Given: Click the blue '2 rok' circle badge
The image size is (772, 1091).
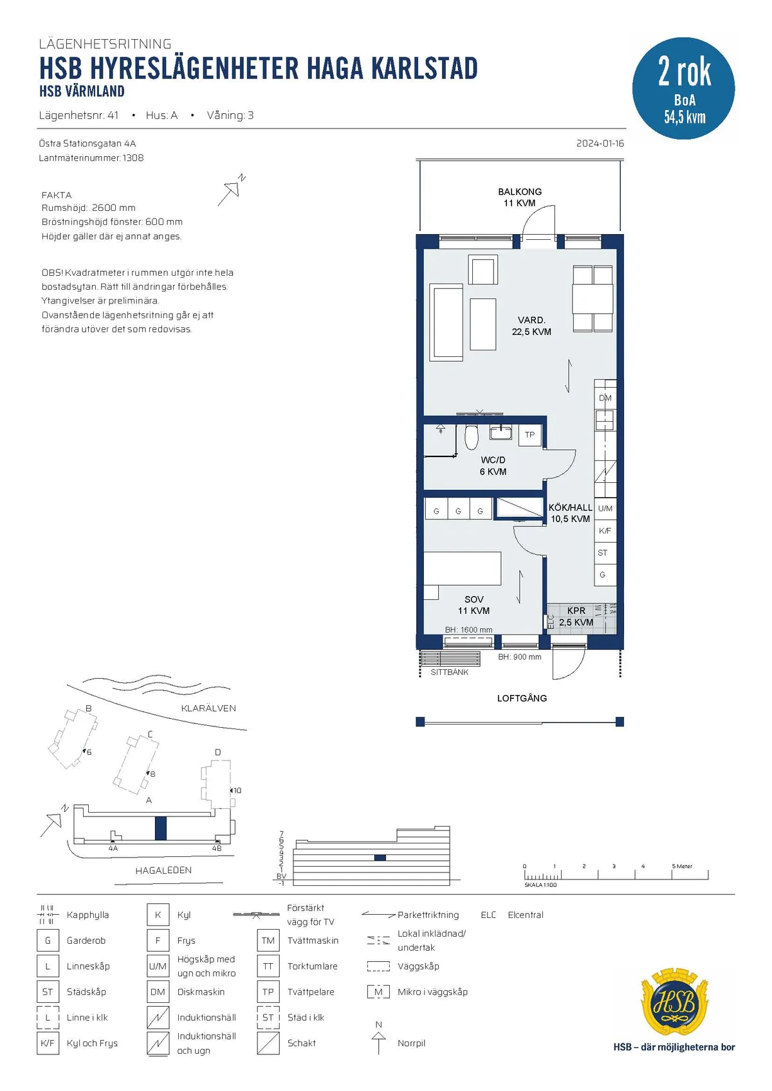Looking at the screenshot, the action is point(683,88).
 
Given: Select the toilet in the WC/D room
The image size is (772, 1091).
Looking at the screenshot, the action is point(472,437).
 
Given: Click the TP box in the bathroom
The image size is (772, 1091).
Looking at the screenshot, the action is point(529,435).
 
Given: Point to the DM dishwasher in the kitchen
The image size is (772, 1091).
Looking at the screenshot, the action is point(605,398).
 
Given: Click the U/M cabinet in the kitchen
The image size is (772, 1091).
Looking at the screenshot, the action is point(605,509).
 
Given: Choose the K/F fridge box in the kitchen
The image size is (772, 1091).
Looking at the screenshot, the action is point(605,531).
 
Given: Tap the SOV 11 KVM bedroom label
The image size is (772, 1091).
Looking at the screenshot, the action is point(473,605).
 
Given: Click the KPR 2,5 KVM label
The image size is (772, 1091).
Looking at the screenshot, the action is point(576,616).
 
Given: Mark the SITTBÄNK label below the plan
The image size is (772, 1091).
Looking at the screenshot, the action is point(449,672).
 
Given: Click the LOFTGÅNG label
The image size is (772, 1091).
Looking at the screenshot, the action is point(522,698).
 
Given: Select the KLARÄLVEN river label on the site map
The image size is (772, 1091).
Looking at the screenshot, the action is point(208,708).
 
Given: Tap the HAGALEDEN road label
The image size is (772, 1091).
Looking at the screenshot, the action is point(163,870).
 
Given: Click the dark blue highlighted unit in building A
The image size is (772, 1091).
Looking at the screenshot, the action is point(160,828).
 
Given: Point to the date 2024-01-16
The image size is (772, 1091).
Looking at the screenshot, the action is point(600,143).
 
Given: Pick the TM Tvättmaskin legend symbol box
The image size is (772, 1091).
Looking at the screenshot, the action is point(268,941).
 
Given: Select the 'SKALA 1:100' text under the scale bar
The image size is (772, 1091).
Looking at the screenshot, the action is point(540,885).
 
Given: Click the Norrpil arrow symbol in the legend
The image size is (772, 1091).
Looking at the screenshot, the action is point(378,1042).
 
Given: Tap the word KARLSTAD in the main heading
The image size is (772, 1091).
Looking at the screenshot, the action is point(424,68).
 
